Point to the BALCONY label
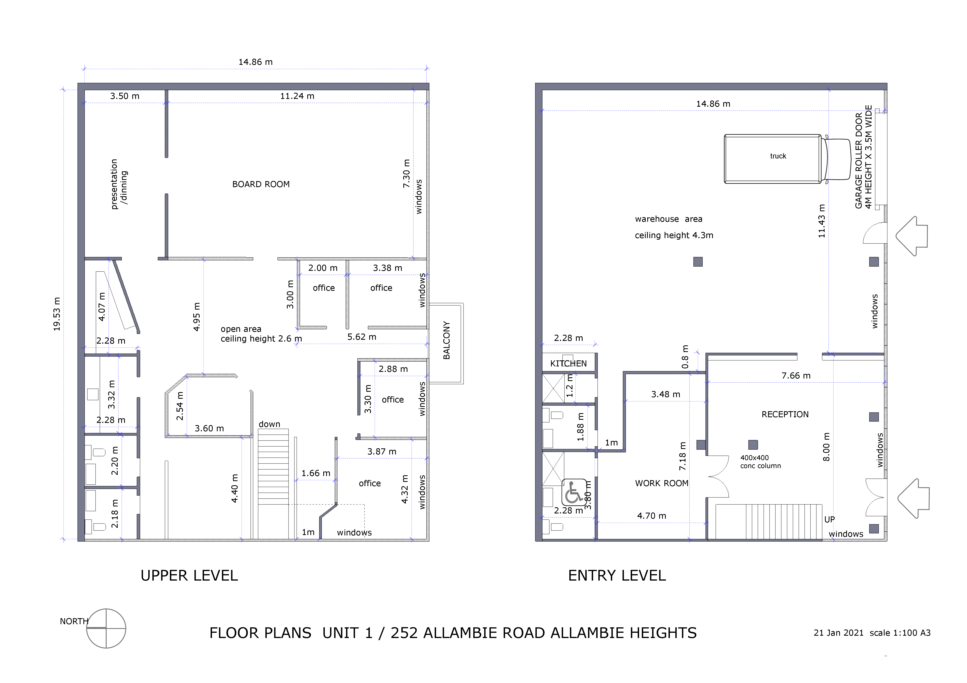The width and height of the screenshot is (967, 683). (446, 341)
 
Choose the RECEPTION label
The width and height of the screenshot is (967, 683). (785, 415)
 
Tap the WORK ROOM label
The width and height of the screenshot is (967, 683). (662, 483)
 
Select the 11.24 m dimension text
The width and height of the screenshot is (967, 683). (297, 96)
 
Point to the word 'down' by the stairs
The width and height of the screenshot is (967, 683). (269, 424)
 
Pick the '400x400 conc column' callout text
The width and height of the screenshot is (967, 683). (761, 462)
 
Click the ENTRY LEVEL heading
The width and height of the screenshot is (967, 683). (617, 576)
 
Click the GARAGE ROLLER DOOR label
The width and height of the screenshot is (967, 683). (859, 160)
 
